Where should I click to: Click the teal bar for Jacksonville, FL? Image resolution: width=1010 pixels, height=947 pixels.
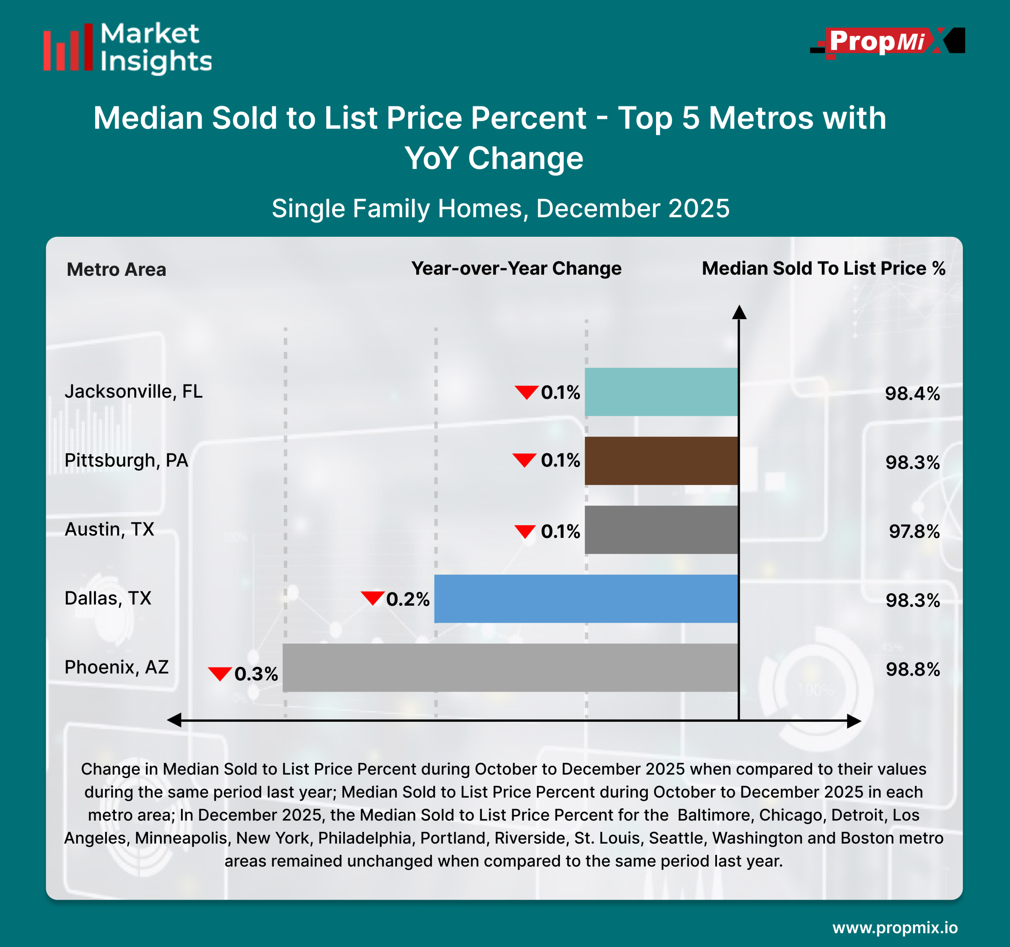coord(661,392)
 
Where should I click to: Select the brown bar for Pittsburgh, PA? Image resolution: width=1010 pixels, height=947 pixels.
coord(661,461)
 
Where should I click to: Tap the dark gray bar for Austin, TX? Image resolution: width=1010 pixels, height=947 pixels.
coord(661,530)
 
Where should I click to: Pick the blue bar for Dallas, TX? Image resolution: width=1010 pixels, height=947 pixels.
coord(586,599)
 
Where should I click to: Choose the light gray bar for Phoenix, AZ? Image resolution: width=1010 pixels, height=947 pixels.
coord(510,668)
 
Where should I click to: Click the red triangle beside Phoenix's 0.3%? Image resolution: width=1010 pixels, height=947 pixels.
coord(220,673)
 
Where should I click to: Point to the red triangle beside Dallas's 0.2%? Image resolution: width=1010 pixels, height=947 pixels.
coord(372,597)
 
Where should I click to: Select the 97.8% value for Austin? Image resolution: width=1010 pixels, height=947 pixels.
coord(914,532)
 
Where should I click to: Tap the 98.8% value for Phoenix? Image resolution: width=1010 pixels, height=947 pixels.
coord(913,669)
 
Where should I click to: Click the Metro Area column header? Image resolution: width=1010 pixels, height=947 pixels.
coord(116,269)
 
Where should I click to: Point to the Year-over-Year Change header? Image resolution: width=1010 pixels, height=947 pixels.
coord(516,268)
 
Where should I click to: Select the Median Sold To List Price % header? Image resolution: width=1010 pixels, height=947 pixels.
coord(823,268)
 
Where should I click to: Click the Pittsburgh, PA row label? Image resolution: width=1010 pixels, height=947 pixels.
coord(126,460)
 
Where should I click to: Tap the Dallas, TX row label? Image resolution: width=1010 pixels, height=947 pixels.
coord(108,598)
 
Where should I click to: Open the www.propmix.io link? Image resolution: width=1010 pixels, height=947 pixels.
coord(895,928)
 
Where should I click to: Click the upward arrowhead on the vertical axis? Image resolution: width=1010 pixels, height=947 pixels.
coord(739,312)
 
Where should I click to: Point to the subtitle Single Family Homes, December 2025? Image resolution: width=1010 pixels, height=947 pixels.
coord(500,208)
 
